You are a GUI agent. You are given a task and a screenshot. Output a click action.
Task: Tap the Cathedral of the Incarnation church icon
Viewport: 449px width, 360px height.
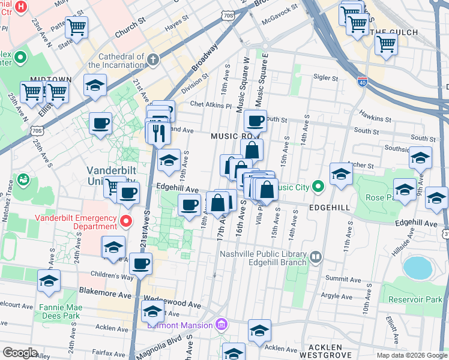pyautogui.click(x=153, y=59)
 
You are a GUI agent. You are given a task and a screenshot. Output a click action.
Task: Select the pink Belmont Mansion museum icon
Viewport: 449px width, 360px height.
pyautogui.click(x=221, y=325)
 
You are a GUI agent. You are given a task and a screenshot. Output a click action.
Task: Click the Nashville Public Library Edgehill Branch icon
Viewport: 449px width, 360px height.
pyautogui.click(x=316, y=257)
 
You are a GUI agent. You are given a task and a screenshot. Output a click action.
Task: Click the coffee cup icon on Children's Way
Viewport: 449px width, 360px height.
pyautogui.click(x=140, y=263)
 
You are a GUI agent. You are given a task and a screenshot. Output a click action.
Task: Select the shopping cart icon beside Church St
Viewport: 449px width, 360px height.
pyautogui.click(x=77, y=26)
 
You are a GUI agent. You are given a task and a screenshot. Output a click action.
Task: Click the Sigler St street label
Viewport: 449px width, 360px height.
pyautogui.click(x=326, y=78)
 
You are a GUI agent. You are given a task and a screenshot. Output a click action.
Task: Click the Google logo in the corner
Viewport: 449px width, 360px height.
pyautogui.click(x=20, y=353)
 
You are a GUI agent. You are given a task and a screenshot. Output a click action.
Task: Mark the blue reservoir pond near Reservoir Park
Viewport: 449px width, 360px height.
pyautogui.click(x=418, y=268)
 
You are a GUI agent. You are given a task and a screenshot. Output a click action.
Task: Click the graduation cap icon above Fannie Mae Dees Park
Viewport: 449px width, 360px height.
pyautogui.click(x=49, y=280)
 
